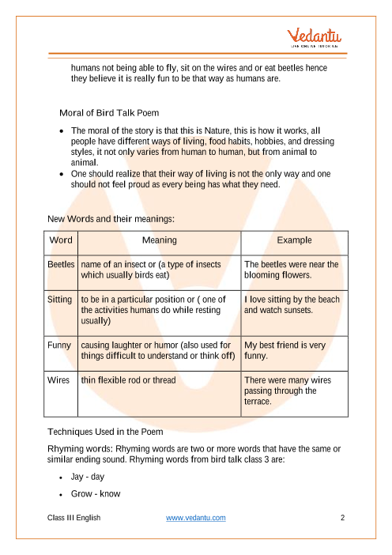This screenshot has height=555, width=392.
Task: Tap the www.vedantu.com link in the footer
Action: (196, 518)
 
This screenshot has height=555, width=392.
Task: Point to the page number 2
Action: (342, 518)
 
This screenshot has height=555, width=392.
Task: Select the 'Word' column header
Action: (62, 240)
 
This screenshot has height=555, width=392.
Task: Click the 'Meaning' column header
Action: (159, 240)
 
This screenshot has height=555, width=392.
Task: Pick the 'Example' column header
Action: (294, 240)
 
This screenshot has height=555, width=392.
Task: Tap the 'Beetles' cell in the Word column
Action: (62, 264)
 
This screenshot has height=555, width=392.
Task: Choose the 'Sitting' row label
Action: (62, 299)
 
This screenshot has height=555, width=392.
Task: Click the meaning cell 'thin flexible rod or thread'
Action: (138, 380)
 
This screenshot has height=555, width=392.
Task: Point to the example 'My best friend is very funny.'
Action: (285, 351)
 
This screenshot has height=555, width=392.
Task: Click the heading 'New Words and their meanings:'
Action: (111, 217)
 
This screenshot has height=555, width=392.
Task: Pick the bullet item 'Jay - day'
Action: (88, 478)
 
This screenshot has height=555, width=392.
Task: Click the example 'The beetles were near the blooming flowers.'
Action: (291, 270)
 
